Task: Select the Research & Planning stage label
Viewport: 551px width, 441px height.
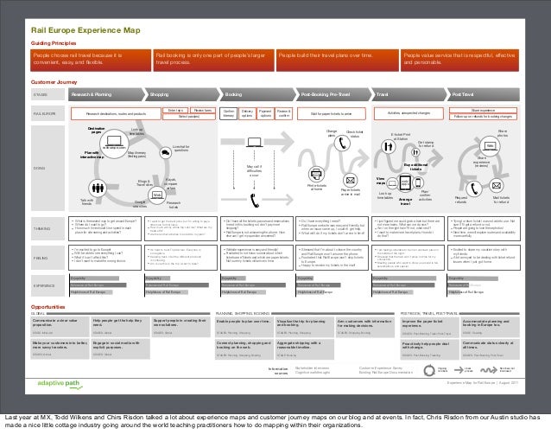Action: [92, 93]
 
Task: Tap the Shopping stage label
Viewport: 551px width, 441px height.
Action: [159, 93]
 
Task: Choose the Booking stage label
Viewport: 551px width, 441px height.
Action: [232, 93]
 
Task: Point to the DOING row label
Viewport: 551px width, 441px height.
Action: [39, 168]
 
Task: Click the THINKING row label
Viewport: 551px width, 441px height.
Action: [41, 228]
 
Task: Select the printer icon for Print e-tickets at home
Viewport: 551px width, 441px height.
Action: [316, 173]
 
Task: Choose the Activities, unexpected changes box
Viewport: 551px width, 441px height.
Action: [415, 113]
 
